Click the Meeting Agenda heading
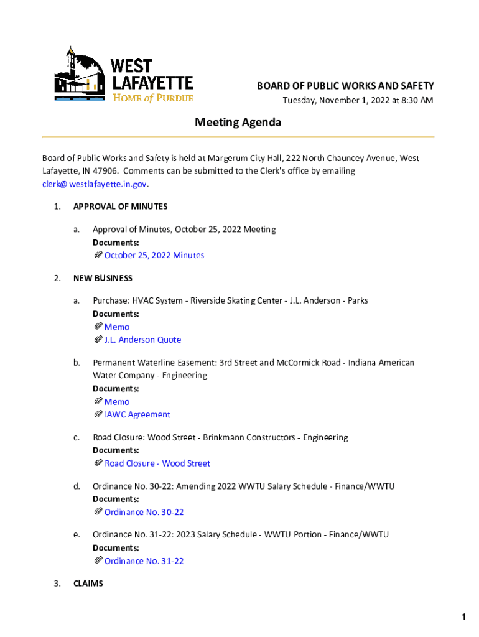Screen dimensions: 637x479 (x=238, y=122)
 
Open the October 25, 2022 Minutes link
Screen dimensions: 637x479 (x=154, y=255)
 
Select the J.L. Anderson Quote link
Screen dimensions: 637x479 (x=142, y=340)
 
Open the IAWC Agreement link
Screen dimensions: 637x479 (x=137, y=414)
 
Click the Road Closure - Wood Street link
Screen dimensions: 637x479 (x=157, y=463)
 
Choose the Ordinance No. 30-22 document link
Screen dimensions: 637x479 (x=144, y=512)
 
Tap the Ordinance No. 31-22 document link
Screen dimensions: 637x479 (x=144, y=561)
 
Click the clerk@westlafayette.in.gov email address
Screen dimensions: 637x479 (x=95, y=184)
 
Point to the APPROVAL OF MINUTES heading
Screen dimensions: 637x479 (x=120, y=207)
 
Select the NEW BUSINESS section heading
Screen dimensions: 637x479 (x=103, y=278)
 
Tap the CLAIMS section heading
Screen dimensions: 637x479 (x=88, y=584)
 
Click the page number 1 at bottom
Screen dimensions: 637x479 (x=463, y=618)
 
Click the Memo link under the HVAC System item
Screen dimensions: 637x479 (x=117, y=327)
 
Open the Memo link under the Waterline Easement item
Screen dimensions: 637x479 (x=117, y=402)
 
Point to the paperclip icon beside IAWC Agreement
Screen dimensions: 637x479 (x=98, y=414)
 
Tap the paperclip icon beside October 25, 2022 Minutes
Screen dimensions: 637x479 (x=98, y=255)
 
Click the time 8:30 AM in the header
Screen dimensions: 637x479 (x=413, y=100)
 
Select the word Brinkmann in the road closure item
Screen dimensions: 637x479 (x=221, y=437)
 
